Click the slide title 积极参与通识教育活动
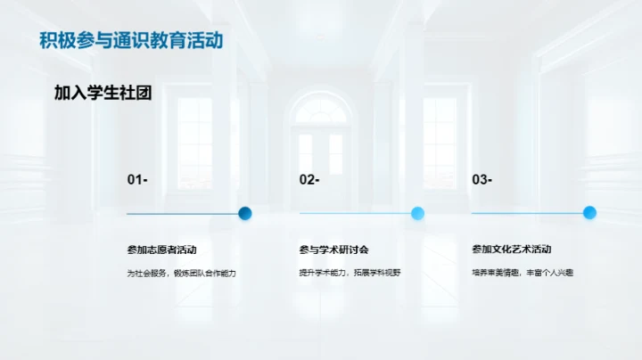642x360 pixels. (x=131, y=41)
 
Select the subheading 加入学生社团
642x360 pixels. (x=97, y=93)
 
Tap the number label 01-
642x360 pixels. (x=137, y=180)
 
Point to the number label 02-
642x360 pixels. (x=309, y=180)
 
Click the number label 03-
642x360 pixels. (x=481, y=180)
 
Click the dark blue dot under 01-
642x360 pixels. (x=245, y=213)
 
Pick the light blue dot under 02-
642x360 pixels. (x=417, y=213)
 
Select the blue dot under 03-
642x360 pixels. (x=589, y=213)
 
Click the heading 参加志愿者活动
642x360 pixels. (x=161, y=250)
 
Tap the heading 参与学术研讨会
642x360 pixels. (x=333, y=250)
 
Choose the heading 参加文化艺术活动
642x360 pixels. (x=511, y=250)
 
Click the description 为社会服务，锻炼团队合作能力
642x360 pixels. (x=181, y=273)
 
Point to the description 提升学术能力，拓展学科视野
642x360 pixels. (x=350, y=273)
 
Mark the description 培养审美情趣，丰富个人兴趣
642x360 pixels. (x=522, y=273)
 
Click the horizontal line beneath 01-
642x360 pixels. (x=183, y=214)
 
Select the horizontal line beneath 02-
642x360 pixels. (x=355, y=214)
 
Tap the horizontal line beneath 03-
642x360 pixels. (x=527, y=214)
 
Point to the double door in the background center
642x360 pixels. (x=321, y=156)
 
